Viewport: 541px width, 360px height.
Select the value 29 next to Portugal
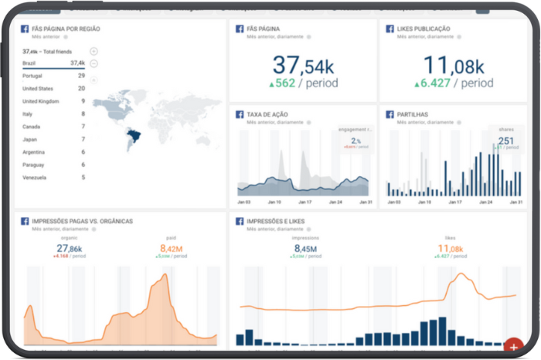[81, 76]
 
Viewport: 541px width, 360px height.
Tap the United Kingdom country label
[41, 101]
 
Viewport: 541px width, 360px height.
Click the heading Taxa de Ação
[269, 114]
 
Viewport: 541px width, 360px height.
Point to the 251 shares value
[506, 141]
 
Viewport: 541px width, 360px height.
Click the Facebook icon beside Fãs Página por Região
[25, 29]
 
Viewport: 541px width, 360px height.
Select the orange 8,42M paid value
[171, 248]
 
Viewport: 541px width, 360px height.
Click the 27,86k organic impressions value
[69, 248]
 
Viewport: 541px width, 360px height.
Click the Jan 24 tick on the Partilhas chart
[485, 202]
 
